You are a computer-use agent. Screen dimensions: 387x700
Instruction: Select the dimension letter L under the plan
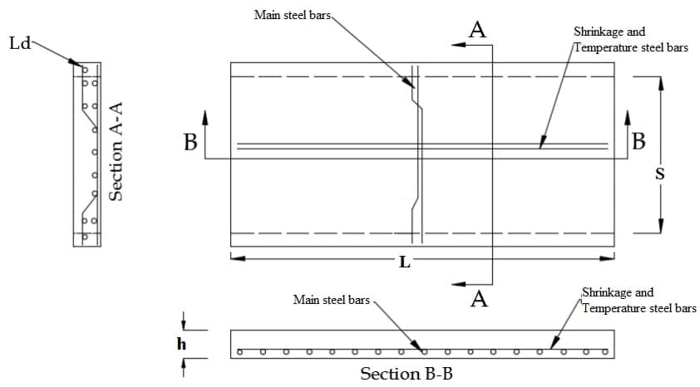(x=405, y=261)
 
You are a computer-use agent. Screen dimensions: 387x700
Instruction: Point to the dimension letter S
(x=660, y=174)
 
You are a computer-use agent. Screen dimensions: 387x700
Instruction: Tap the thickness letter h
(x=182, y=343)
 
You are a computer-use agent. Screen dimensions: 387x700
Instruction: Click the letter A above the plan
(x=477, y=31)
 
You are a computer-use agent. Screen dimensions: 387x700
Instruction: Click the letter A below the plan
(x=479, y=299)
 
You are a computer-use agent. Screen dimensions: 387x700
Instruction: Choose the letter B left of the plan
(x=190, y=143)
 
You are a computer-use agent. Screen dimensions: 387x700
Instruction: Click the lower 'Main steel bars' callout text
(x=331, y=300)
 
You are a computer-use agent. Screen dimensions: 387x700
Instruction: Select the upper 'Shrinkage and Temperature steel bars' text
(x=630, y=40)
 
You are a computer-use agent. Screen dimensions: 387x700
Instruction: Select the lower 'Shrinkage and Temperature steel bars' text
(x=638, y=301)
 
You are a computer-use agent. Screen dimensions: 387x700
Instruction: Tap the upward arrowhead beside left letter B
(x=206, y=115)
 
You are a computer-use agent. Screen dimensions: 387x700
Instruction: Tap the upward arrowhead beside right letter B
(x=625, y=115)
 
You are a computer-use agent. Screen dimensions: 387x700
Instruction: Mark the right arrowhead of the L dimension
(x=609, y=258)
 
